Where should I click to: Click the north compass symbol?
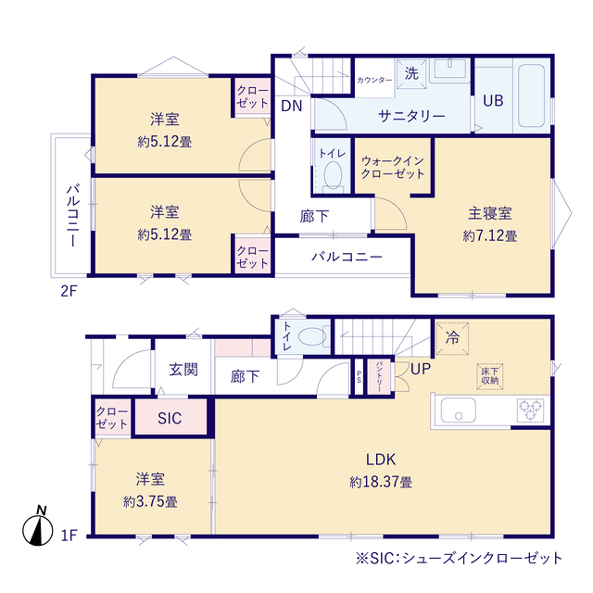38,526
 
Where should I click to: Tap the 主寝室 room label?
490,214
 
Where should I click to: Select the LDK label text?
381,460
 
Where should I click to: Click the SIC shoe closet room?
170,417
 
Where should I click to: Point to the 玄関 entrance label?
183,370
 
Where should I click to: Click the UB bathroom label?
493,101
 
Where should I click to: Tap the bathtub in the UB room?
531,95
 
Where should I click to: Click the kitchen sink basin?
458,410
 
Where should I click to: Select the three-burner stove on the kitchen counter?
530,410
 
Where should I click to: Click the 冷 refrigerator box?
452,338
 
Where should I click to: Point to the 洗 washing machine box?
411,74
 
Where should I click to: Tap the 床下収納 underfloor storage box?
490,376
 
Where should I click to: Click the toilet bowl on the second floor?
333,176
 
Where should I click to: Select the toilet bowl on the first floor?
312,336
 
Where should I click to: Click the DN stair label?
292,107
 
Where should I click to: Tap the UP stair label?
421,369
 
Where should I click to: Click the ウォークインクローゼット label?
393,168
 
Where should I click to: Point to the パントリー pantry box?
379,377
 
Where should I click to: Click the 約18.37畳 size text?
381,482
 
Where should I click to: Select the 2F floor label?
69,291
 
